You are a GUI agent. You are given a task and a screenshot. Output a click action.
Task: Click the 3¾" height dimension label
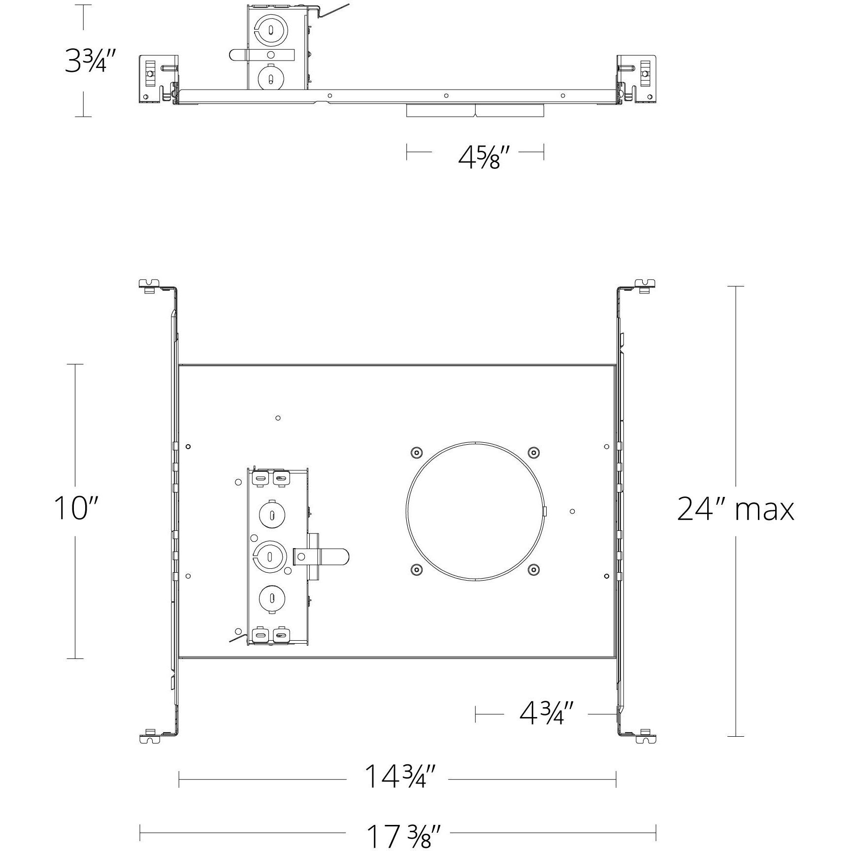[x=91, y=61]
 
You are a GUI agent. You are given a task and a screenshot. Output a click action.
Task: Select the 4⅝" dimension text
[x=479, y=158]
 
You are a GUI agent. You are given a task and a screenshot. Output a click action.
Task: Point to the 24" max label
[x=735, y=509]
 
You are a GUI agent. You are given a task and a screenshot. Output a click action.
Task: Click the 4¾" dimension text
[x=547, y=713]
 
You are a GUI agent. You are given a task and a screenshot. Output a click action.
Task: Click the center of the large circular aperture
[x=475, y=511]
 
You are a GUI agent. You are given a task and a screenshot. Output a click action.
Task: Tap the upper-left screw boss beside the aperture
[x=417, y=452]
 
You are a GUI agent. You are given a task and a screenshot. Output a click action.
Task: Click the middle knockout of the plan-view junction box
[x=270, y=556]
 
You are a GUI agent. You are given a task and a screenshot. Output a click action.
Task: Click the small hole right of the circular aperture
[x=572, y=511]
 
